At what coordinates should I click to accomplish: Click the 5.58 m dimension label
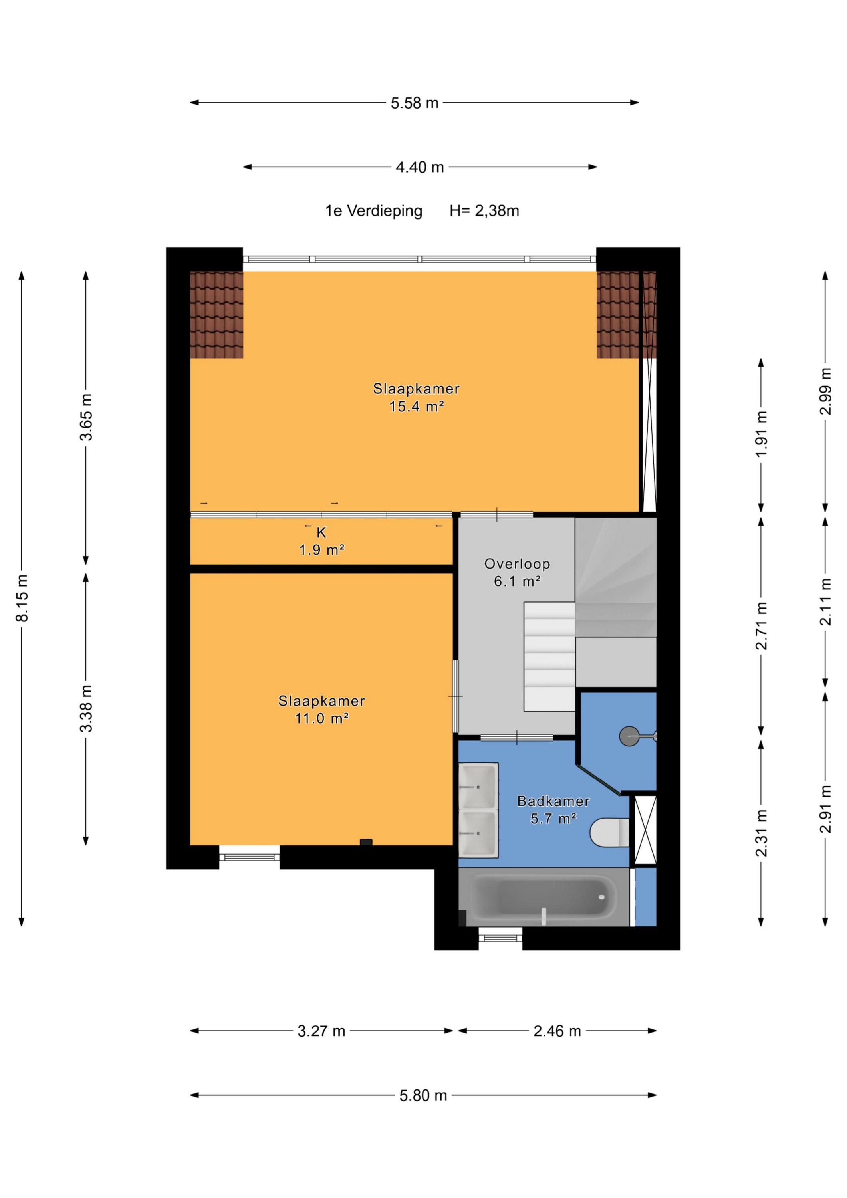point(415,103)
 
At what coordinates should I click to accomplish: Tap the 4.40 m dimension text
point(420,167)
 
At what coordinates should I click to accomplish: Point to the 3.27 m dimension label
point(321,1031)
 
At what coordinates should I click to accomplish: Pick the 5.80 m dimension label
point(423,1095)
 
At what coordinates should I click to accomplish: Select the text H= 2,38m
point(484,211)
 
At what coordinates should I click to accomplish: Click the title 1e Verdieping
point(374,211)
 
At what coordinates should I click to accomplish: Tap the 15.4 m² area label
point(417,407)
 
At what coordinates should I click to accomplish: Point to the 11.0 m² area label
point(321,718)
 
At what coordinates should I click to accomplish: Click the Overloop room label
point(517,563)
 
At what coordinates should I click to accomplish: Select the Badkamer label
point(553,801)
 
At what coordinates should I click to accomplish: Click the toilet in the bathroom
point(609,832)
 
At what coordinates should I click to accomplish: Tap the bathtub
point(544,897)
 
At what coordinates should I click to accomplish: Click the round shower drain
point(629,736)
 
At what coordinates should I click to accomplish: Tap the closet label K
point(321,532)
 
